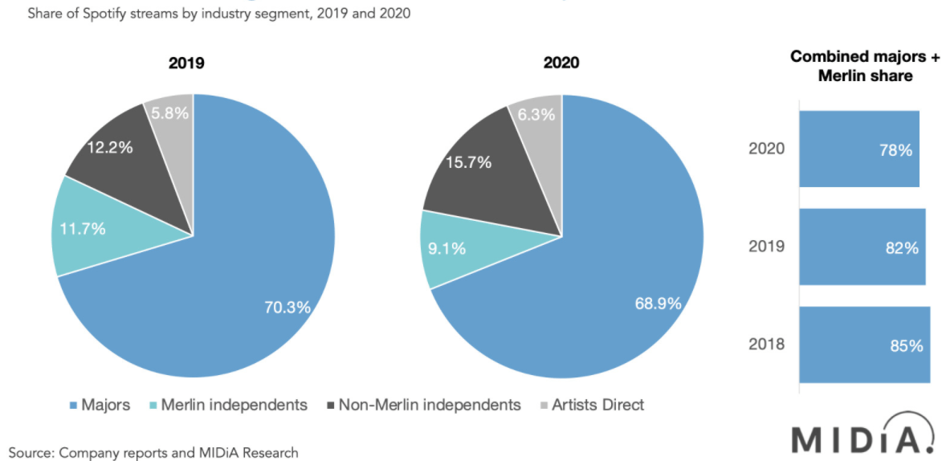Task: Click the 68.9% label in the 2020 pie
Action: (658, 304)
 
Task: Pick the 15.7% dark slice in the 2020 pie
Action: (469, 162)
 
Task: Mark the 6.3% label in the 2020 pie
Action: (536, 114)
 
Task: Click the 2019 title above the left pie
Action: (186, 63)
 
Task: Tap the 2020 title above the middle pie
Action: (561, 63)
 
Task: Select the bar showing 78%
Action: (858, 149)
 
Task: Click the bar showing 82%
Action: (862, 247)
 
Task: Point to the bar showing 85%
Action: (864, 345)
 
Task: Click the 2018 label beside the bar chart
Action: (766, 345)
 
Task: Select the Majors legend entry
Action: (100, 405)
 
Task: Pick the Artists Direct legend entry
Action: (590, 405)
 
